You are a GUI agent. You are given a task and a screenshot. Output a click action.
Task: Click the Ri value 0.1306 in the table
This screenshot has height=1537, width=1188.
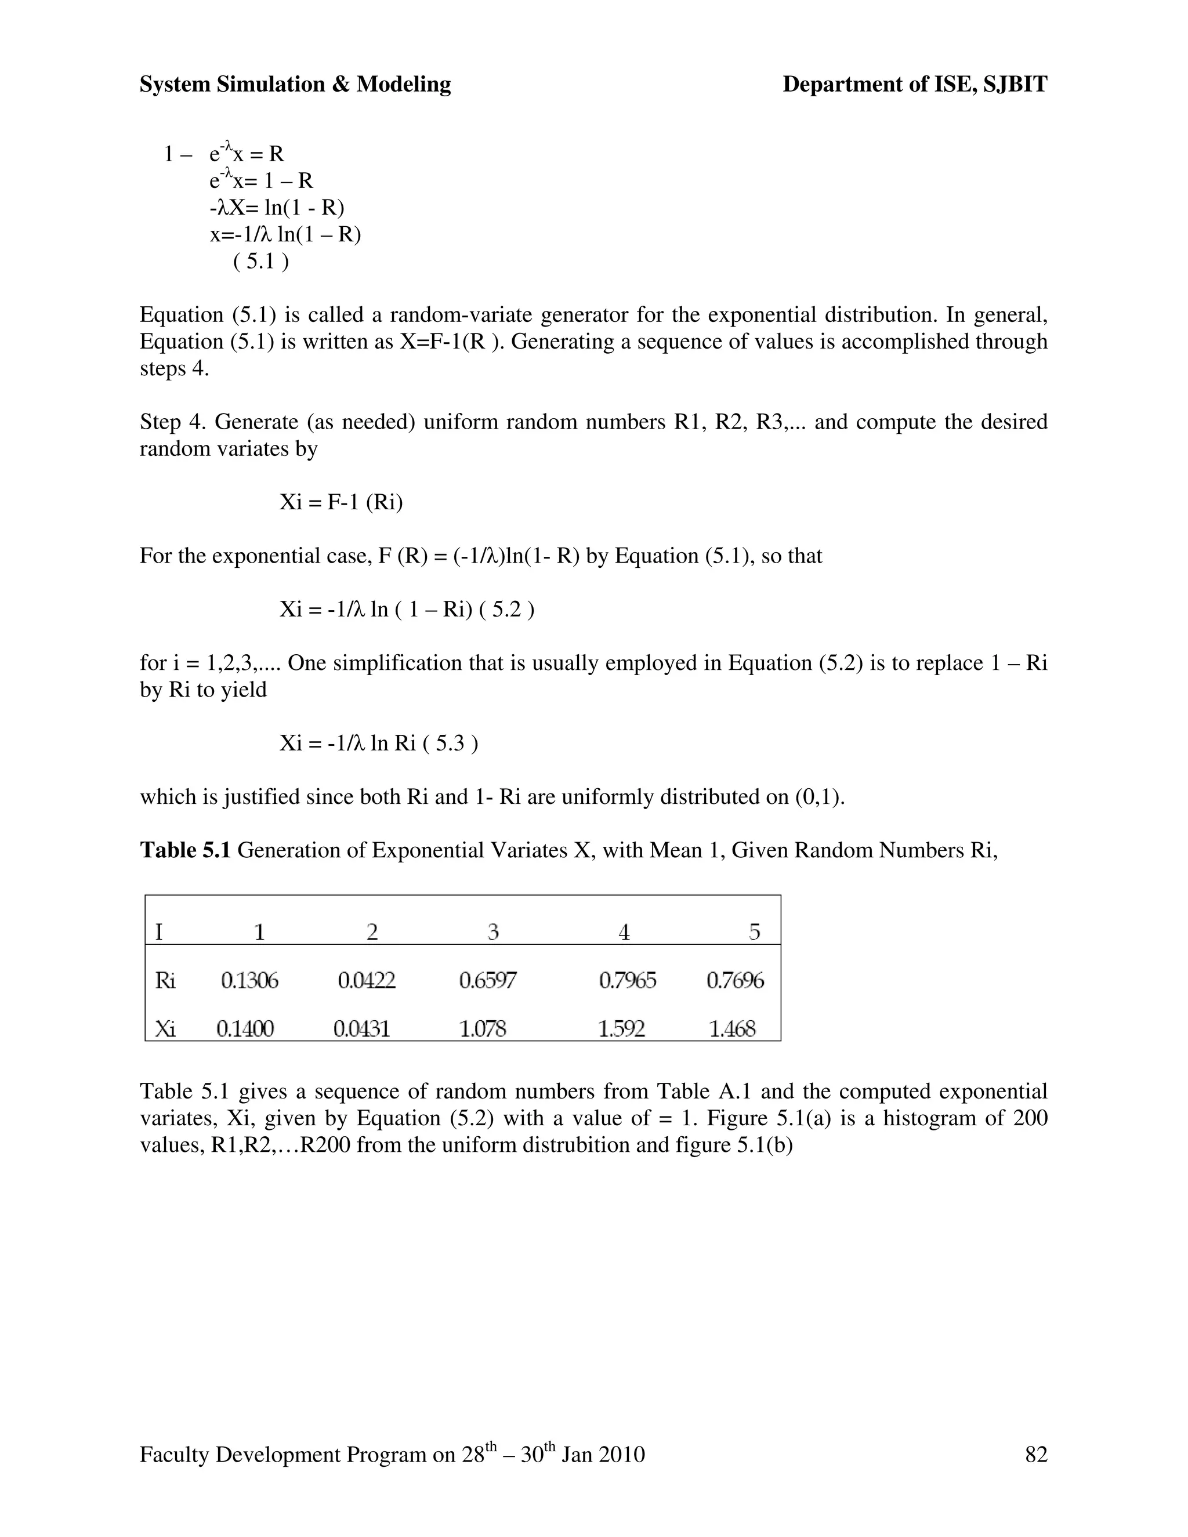tap(250, 980)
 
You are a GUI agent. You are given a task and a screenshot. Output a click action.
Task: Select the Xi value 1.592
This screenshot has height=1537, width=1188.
tap(621, 1029)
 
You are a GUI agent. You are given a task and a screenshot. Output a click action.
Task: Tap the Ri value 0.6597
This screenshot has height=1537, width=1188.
tap(488, 980)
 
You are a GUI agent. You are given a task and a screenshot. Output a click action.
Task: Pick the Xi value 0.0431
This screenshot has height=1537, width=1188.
tap(362, 1029)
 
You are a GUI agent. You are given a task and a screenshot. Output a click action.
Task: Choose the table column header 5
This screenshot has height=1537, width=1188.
tap(755, 933)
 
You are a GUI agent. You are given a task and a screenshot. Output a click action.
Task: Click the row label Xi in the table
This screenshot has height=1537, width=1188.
tap(165, 1029)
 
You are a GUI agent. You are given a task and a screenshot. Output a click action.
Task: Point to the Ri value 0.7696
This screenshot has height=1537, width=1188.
tap(735, 980)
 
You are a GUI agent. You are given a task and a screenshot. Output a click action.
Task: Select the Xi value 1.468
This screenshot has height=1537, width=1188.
tap(732, 1029)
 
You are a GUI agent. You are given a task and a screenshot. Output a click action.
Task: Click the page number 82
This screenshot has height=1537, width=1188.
tap(1036, 1455)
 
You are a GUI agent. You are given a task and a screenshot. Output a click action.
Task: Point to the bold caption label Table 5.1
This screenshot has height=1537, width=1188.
tap(185, 850)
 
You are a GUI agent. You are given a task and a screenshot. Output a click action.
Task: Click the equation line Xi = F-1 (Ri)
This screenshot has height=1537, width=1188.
tap(341, 502)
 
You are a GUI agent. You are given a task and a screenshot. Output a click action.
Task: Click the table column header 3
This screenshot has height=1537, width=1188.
tap(494, 933)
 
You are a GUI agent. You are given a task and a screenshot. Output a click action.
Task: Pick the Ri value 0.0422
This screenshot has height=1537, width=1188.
tap(367, 980)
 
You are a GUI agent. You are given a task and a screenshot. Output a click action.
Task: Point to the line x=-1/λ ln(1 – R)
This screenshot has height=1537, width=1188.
tap(285, 234)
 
